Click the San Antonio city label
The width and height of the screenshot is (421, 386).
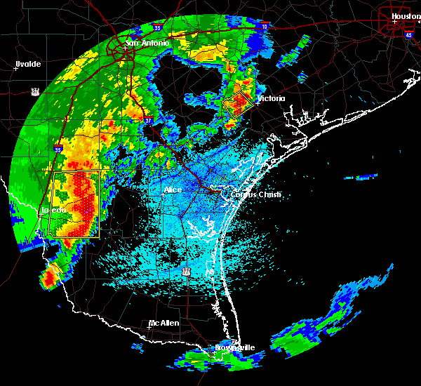(148, 43)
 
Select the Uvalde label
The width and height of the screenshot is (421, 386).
(29, 64)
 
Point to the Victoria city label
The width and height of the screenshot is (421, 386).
(271, 98)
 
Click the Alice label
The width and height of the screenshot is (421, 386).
(172, 189)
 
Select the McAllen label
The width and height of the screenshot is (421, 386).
(163, 323)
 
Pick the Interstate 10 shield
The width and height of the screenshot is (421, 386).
(264, 26)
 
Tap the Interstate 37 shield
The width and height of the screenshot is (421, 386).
(148, 121)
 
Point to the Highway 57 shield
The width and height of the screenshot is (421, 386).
(35, 91)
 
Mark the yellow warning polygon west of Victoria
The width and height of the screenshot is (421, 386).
(238, 104)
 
